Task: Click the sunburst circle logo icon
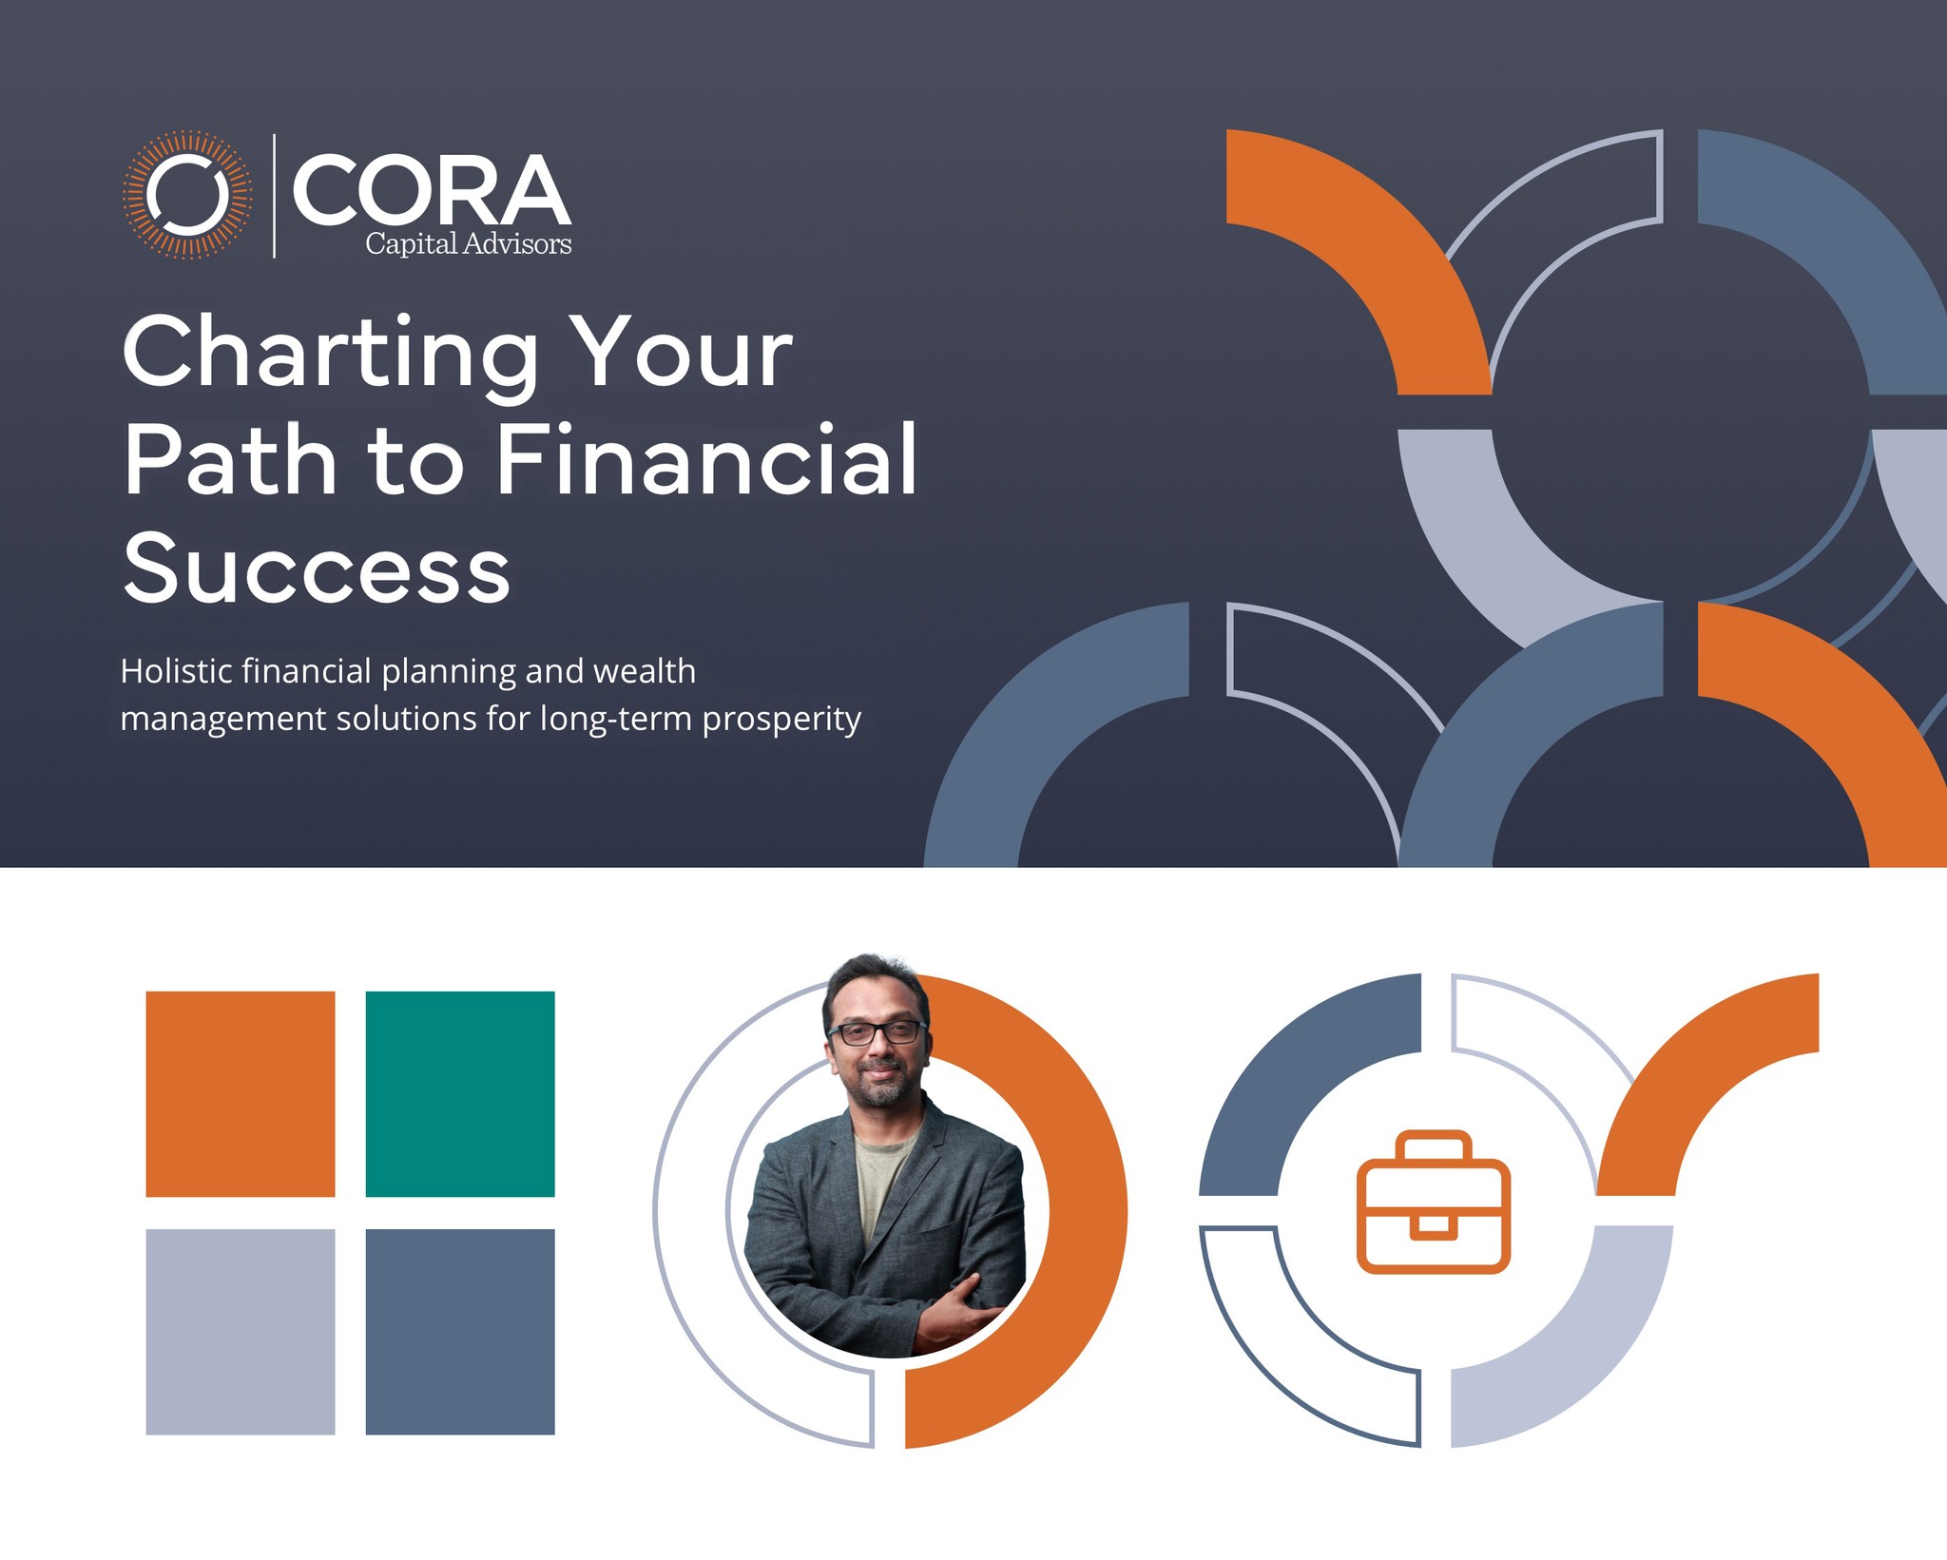tap(187, 195)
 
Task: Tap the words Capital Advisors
tap(469, 244)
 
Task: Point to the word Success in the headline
tap(317, 568)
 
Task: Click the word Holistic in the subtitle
tap(177, 671)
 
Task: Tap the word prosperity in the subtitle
tap(781, 720)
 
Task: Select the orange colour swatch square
tap(240, 1093)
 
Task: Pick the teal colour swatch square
tap(460, 1093)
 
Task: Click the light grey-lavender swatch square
tap(240, 1331)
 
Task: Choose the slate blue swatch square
tap(460, 1331)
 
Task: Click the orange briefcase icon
tap(1433, 1203)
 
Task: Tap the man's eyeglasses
tap(877, 1032)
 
